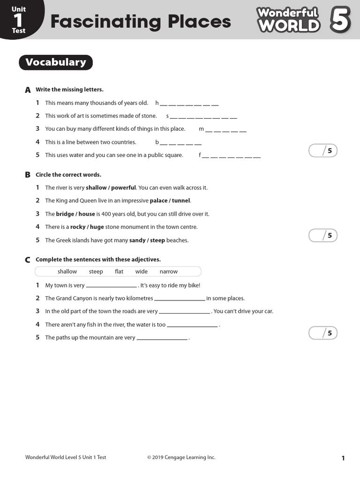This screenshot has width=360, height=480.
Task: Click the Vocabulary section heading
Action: coord(56,62)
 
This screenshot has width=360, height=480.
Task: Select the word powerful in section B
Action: coord(123,187)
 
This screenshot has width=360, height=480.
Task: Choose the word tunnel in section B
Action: coord(181,201)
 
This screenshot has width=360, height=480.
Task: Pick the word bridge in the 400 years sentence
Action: coord(65,214)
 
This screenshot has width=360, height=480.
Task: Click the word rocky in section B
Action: coord(78,227)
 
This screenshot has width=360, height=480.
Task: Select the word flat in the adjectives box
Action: coord(119,272)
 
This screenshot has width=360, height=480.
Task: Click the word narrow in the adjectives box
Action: coord(169,272)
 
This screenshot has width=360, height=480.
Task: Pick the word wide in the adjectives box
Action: coord(142,272)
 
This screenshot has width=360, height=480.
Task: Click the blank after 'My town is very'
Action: coord(111,286)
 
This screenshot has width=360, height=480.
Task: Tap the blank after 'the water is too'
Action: coord(192,325)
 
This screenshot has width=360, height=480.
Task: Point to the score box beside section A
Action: coord(323,150)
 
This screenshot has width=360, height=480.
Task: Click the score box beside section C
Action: coord(323,333)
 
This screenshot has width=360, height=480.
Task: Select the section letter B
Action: coord(28,175)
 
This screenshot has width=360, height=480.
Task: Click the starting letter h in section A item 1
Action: coord(157,103)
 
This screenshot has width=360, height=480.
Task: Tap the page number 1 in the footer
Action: coord(343,458)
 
